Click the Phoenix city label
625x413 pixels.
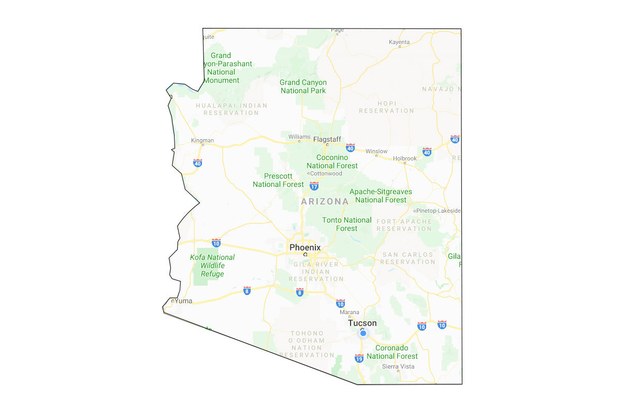(x=305, y=247)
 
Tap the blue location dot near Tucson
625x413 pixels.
(x=363, y=333)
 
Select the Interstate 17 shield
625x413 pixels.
(x=314, y=185)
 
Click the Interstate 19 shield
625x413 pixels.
(x=359, y=358)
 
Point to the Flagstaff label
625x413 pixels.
(x=327, y=139)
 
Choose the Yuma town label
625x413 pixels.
(x=183, y=301)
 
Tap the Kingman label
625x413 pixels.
(x=202, y=140)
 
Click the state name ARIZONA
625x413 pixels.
(x=325, y=201)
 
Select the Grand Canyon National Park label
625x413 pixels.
(x=303, y=86)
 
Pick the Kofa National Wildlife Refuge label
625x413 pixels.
(x=212, y=265)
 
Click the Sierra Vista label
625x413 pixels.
(x=398, y=366)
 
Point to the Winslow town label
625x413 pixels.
(x=376, y=151)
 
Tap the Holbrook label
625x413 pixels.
(x=404, y=158)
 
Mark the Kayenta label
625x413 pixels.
(x=399, y=42)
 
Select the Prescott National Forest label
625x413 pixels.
(x=278, y=180)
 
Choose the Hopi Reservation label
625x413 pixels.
(x=386, y=107)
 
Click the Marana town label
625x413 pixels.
(x=349, y=312)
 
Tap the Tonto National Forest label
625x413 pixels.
(x=347, y=224)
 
